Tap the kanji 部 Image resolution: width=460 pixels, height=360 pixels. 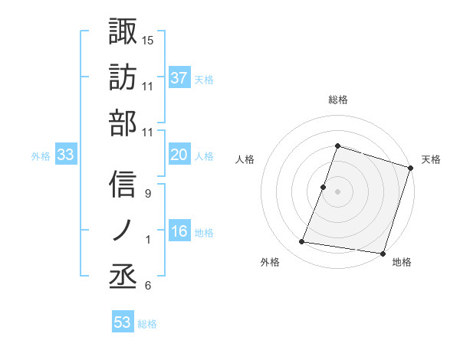click(x=123, y=123)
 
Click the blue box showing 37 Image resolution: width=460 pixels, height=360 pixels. click(x=179, y=77)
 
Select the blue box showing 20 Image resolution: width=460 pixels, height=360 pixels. click(x=179, y=155)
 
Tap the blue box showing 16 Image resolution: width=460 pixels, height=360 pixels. click(x=179, y=231)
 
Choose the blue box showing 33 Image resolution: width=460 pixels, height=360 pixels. click(x=65, y=155)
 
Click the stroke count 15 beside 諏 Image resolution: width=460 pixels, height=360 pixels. click(x=148, y=40)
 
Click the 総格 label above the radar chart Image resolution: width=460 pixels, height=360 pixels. click(x=338, y=100)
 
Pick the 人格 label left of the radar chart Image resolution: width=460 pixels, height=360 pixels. click(x=245, y=159)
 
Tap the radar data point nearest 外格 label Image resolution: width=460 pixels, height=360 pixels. click(x=302, y=242)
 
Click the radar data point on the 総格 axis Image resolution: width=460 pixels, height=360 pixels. click(x=337, y=146)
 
